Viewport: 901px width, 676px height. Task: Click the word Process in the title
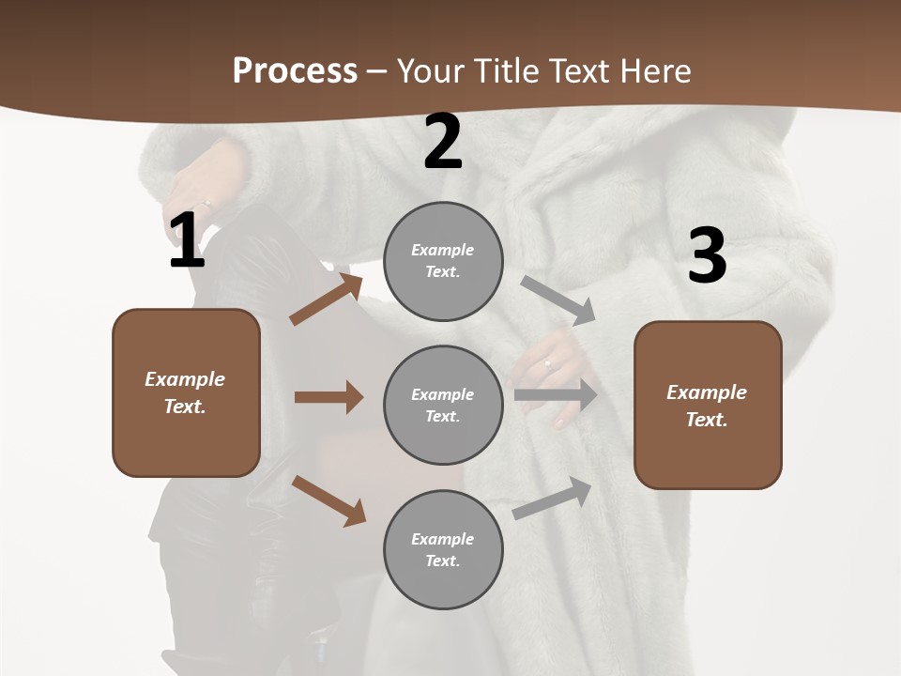[295, 70]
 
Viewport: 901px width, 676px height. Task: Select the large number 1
[187, 241]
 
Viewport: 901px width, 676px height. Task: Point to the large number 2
[443, 142]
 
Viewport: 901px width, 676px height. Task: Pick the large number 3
[707, 256]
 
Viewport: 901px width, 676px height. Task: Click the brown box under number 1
[186, 392]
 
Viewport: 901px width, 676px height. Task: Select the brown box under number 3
[708, 406]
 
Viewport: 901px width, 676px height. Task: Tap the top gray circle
[443, 261]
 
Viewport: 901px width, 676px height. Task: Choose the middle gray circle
[443, 406]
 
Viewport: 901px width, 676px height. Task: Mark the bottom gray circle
[443, 550]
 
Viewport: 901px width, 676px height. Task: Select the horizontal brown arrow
[328, 397]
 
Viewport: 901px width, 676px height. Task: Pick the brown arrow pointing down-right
[328, 499]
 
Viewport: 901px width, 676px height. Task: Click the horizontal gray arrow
[556, 395]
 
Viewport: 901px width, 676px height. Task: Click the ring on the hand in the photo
[547, 362]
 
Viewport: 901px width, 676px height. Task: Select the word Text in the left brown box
[184, 407]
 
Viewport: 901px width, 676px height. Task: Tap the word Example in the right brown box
[707, 392]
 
